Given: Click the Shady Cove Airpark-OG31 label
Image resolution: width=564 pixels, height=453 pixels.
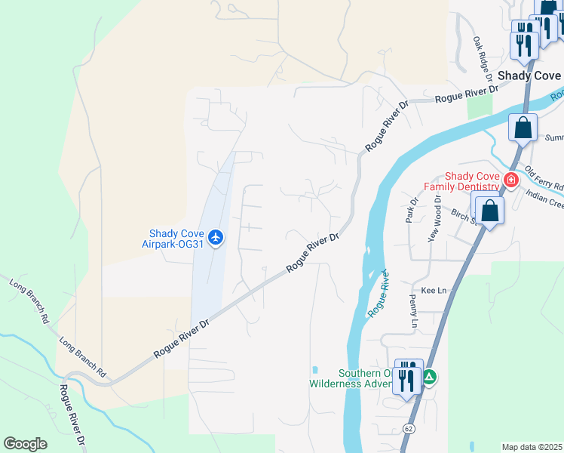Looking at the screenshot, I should (x=173, y=238).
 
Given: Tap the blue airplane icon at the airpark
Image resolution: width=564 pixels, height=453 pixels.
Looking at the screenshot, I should (x=217, y=238).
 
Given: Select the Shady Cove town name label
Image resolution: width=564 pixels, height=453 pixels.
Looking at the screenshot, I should (x=529, y=75).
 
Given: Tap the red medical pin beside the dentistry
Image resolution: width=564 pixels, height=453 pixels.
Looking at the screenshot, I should (x=510, y=180).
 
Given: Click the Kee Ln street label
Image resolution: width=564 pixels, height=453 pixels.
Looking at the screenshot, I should (x=434, y=290).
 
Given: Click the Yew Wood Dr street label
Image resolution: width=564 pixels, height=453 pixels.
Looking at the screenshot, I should (x=434, y=217).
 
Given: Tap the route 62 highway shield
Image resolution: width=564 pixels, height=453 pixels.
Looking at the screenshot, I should (x=408, y=428).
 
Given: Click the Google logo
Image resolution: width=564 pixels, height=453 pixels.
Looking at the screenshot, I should (x=25, y=444).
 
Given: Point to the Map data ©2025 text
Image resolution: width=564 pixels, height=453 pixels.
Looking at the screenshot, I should (x=531, y=447).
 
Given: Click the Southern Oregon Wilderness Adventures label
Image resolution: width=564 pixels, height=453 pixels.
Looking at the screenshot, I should (x=351, y=377).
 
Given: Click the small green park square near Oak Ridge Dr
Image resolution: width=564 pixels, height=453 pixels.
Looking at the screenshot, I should (x=479, y=107).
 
